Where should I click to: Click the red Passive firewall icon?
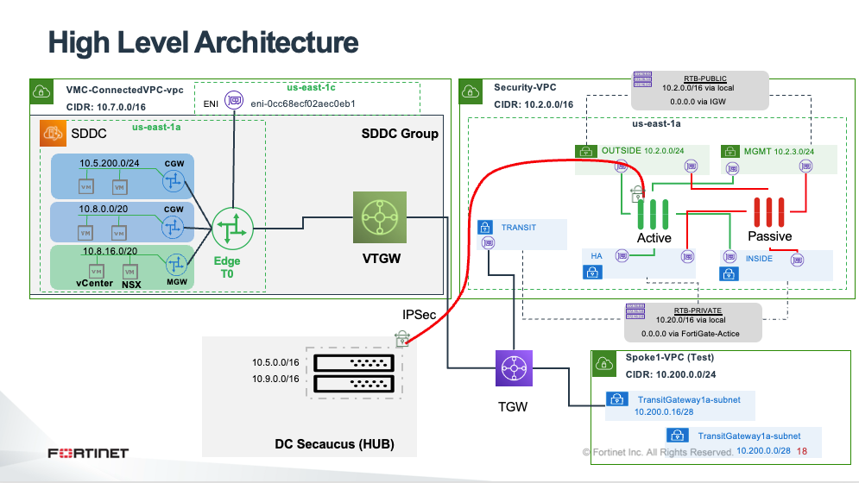(768, 212)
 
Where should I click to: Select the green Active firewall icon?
(654, 212)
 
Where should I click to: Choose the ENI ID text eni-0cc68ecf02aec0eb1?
(303, 103)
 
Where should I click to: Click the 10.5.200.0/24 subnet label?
(110, 162)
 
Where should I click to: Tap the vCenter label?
(94, 284)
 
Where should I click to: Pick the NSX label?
(131, 284)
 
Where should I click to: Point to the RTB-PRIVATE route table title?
(697, 310)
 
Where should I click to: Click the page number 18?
(802, 451)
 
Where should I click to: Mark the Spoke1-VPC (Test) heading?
(670, 358)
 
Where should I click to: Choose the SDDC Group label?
(399, 134)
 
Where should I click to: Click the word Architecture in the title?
(276, 41)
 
